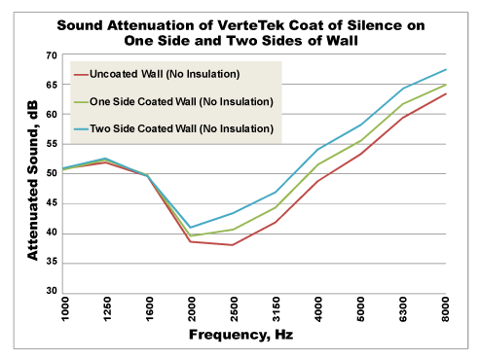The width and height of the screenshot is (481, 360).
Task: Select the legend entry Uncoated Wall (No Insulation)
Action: [164, 75]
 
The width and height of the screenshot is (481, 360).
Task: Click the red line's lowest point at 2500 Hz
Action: [233, 245]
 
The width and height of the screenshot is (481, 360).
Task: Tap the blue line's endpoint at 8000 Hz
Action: [446, 69]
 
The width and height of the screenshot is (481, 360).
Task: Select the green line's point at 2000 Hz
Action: [191, 235]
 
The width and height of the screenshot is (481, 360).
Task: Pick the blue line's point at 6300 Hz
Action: [403, 89]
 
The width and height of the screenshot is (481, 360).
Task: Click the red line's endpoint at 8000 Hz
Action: [446, 93]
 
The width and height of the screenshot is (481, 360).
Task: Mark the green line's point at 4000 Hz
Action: [318, 164]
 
